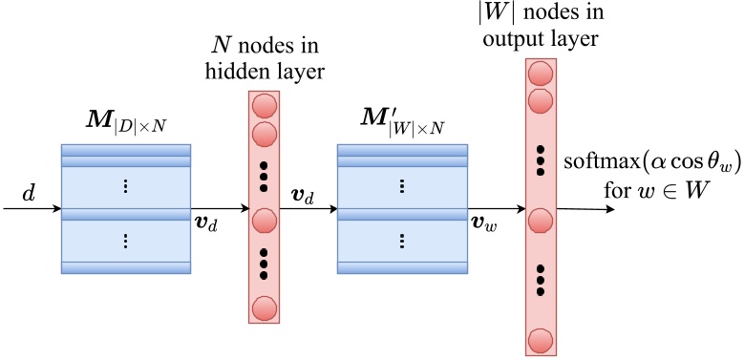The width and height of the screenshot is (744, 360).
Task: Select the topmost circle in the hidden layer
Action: click(x=264, y=106)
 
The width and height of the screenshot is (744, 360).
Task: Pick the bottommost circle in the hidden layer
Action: click(x=264, y=307)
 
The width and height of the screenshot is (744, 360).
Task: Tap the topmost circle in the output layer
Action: click(x=541, y=73)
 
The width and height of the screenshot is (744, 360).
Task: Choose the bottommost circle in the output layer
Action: click(x=541, y=340)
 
